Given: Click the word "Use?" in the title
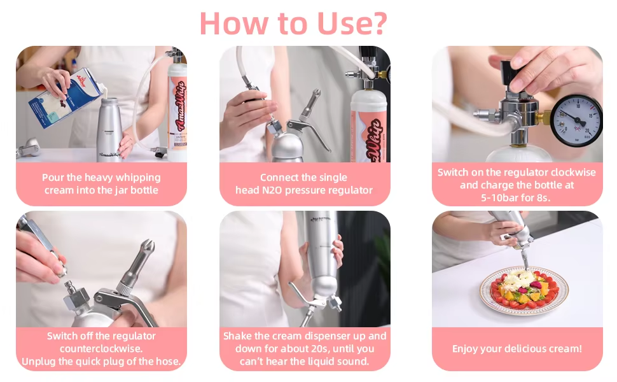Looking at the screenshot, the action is (352, 24).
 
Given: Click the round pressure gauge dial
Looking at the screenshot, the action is (576, 120).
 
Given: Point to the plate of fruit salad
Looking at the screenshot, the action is (523, 291).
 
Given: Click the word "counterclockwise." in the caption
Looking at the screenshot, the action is (101, 349).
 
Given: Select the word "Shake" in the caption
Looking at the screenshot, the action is (237, 336).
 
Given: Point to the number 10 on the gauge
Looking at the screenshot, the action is (578, 106).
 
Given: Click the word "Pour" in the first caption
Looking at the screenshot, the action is (52, 178).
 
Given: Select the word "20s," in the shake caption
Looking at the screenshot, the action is (338, 349).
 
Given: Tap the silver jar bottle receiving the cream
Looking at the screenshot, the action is (109, 130).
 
